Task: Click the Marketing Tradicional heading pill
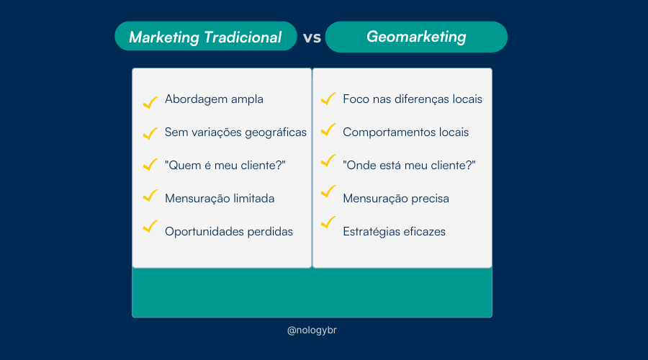pos(206,37)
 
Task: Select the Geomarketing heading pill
pos(416,37)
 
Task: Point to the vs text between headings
pos(312,37)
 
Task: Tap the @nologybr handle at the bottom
pos(312,330)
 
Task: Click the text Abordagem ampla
pos(214,99)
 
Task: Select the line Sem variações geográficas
pos(235,132)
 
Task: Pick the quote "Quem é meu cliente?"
pos(225,166)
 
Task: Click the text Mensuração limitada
pos(220,199)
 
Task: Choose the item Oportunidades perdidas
pos(229,231)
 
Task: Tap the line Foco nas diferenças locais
pos(413,99)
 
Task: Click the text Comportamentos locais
pos(406,132)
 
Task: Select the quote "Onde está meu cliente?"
pos(409,166)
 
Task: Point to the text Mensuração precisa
pos(396,199)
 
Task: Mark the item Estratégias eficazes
pos(395,231)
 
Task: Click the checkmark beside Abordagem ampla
pos(150,102)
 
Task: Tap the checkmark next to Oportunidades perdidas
pos(150,226)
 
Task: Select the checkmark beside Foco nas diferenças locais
pos(328,99)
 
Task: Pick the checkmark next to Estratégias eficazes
pos(328,222)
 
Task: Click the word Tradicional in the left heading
pos(243,37)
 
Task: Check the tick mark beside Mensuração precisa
pos(328,192)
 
